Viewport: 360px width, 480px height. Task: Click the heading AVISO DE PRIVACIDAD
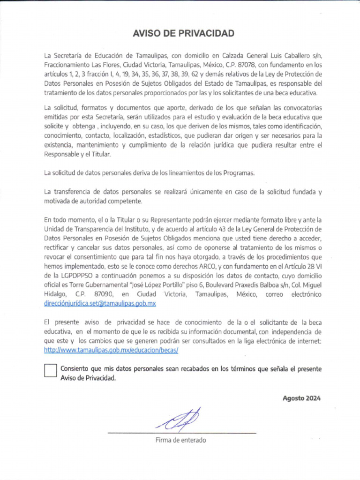183,33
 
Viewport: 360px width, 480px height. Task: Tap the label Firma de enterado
180,440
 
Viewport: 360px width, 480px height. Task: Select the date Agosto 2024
301,398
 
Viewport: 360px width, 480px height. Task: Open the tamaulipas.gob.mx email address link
100,303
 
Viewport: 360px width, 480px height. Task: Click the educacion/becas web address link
111,350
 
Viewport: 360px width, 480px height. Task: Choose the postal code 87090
104,294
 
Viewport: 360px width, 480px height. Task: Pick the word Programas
239,172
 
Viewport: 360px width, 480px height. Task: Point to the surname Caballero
301,56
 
